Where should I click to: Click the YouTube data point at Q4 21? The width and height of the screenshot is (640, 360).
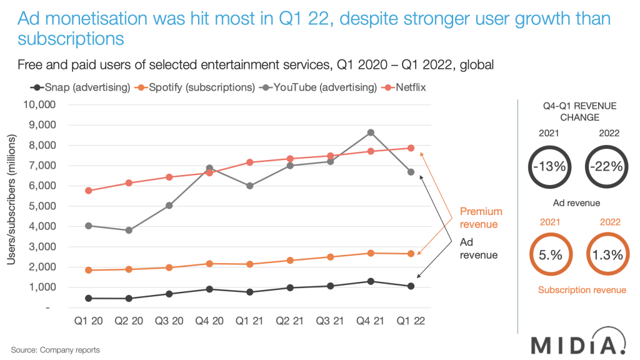tap(371, 132)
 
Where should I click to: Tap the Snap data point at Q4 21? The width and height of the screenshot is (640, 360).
tap(371, 281)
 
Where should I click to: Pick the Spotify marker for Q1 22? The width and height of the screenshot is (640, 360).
tap(411, 254)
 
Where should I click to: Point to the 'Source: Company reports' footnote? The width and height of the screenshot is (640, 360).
tap(55, 350)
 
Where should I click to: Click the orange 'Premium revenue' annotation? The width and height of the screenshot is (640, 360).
tap(481, 217)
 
